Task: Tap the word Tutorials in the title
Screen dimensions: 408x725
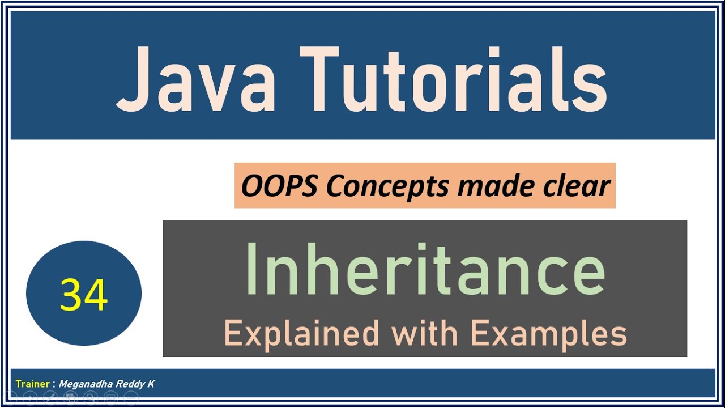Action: [453, 80]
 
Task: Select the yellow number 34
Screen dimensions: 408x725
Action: [84, 295]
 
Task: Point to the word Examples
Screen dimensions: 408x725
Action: [548, 333]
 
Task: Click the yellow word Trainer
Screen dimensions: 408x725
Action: [33, 384]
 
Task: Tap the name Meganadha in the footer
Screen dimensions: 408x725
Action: [86, 384]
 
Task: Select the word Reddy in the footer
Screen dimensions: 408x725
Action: [130, 384]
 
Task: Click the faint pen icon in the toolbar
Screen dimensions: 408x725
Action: [50, 398]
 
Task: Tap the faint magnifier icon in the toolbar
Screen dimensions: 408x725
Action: [91, 398]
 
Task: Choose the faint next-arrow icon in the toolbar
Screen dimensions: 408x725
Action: [29, 398]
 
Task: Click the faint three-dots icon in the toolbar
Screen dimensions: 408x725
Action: [131, 398]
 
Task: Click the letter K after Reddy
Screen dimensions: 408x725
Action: [151, 384]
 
